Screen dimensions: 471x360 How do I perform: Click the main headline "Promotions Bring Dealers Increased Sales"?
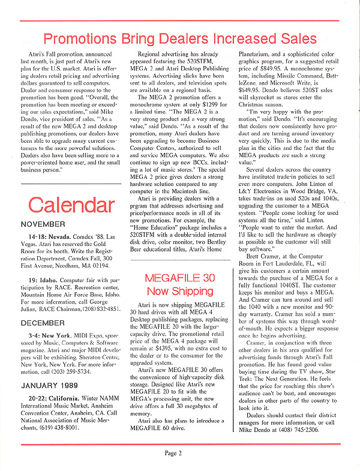pyautogui.click(x=181, y=40)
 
